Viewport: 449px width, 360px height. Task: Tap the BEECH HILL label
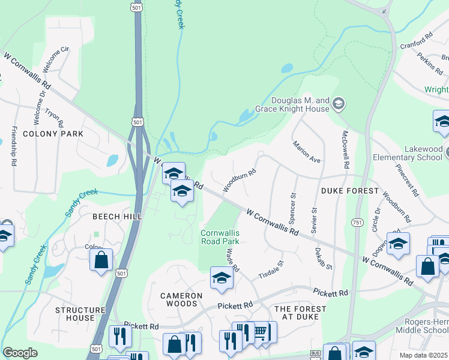(x=116, y=216)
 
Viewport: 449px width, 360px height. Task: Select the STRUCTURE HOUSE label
(x=83, y=314)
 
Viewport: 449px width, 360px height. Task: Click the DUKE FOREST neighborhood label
(x=350, y=191)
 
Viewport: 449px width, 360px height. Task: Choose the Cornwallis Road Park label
(x=220, y=237)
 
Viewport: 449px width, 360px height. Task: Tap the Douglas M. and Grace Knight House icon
(x=339, y=104)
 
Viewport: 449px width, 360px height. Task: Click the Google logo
(x=20, y=353)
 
